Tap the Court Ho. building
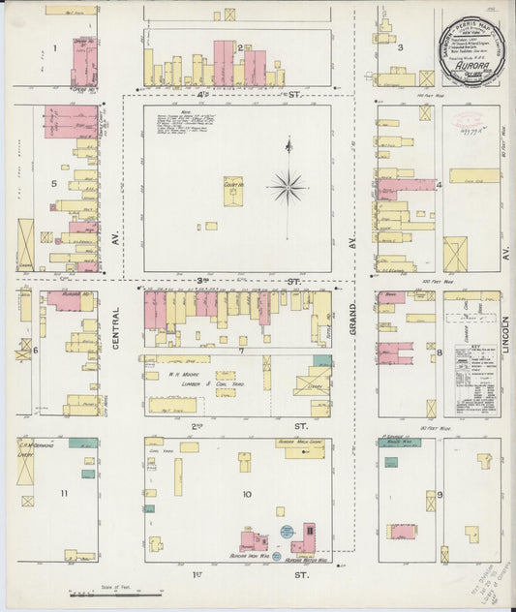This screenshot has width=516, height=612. (x=233, y=191)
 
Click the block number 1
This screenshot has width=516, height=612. (x=55, y=47)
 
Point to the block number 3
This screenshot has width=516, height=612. (x=399, y=46)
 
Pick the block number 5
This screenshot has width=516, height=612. (x=53, y=182)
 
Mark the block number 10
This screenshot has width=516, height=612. (x=247, y=494)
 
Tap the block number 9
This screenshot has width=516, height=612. (x=439, y=495)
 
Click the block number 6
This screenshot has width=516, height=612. (x=36, y=350)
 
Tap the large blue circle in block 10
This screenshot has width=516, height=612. (x=287, y=531)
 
